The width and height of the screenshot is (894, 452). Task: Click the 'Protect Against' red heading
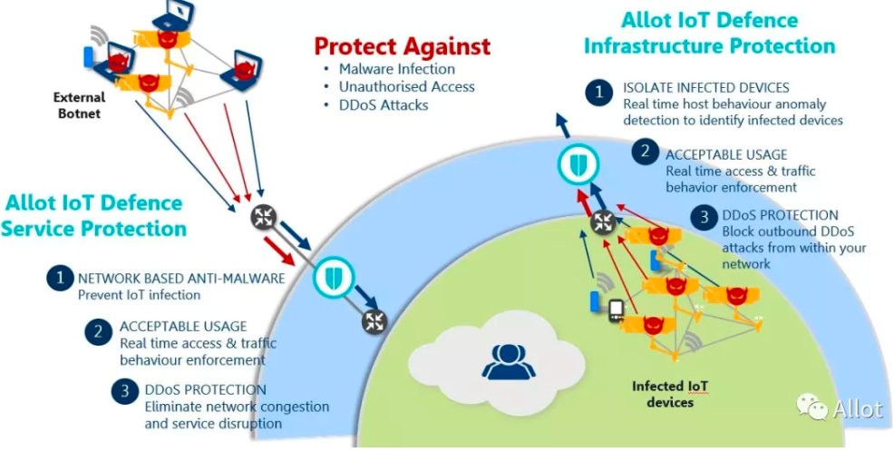click(402, 46)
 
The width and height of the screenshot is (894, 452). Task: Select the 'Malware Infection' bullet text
click(397, 69)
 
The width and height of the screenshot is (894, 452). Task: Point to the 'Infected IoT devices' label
click(670, 394)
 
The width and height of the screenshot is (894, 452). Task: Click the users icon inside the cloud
click(501, 361)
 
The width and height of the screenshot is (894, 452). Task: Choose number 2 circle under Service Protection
click(97, 331)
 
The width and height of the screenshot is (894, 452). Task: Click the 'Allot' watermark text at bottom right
click(857, 409)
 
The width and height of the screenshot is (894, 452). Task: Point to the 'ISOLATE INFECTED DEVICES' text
click(705, 88)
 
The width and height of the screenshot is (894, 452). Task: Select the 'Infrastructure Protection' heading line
click(708, 45)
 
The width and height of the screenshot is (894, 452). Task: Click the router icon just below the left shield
click(374, 320)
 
